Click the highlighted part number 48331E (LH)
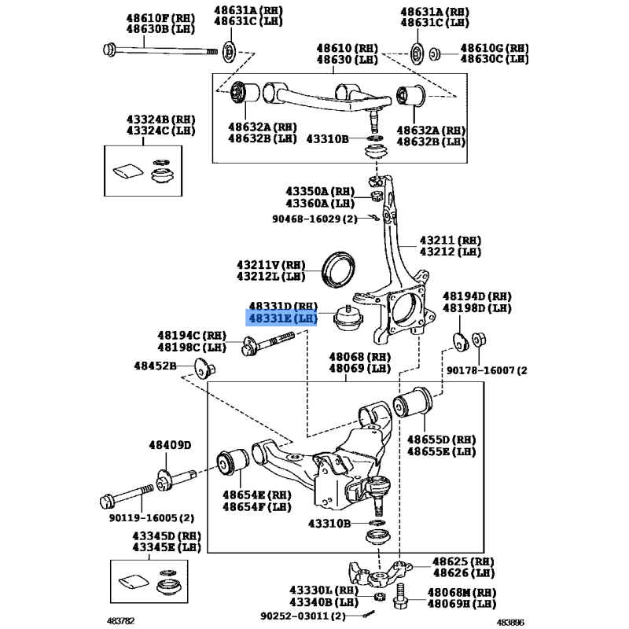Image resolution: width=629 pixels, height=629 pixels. [x=282, y=318]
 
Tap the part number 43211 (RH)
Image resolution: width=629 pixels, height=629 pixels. [x=450, y=240]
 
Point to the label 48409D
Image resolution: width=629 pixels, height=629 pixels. [x=169, y=446]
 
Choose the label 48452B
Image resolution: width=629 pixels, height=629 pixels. [x=155, y=365]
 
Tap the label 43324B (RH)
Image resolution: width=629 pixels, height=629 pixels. [x=149, y=118]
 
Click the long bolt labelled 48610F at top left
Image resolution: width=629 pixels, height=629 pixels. [x=157, y=52]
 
